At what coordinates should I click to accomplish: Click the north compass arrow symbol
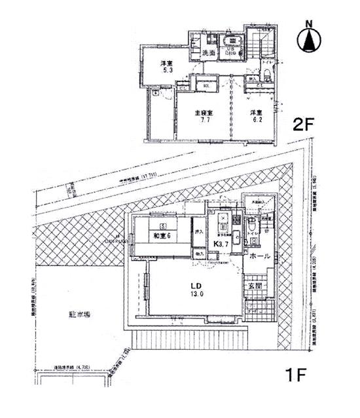click(x=310, y=39)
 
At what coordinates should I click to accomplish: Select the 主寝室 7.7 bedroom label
click(x=204, y=117)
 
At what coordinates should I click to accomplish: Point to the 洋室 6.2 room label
click(x=255, y=117)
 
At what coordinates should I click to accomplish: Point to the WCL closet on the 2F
click(x=205, y=84)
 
